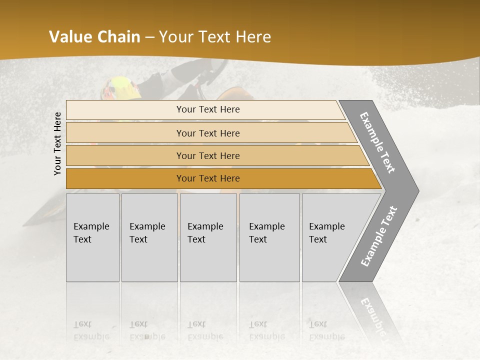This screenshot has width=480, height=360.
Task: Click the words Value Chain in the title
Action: click(x=94, y=37)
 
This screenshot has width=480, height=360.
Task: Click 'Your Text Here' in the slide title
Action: click(x=215, y=37)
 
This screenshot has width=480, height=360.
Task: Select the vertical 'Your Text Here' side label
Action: click(x=58, y=143)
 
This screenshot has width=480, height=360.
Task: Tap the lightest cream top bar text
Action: click(x=208, y=109)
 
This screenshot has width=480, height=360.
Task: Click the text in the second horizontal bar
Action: click(x=208, y=133)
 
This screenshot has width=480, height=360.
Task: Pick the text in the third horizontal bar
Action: click(x=208, y=156)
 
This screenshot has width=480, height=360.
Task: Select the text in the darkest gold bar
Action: click(x=208, y=178)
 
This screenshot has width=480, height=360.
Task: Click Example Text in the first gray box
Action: click(x=91, y=233)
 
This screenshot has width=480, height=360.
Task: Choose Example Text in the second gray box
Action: click(x=147, y=233)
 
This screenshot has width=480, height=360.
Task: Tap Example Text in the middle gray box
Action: click(x=205, y=233)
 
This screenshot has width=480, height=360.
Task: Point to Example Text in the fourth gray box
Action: click(x=266, y=233)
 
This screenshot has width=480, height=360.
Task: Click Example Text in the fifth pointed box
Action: click(x=326, y=233)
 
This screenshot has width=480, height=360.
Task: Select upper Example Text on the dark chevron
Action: click(x=377, y=142)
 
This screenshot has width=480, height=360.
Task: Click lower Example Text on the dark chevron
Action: click(x=379, y=236)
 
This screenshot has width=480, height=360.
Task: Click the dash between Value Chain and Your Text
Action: click(x=149, y=37)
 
